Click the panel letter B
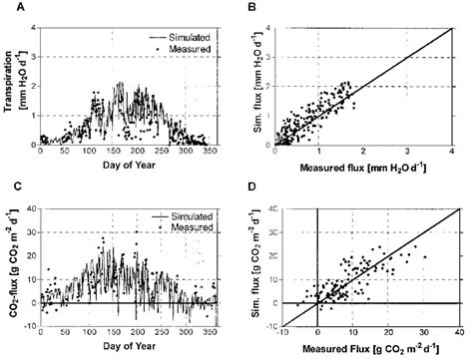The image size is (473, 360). [253, 7]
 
